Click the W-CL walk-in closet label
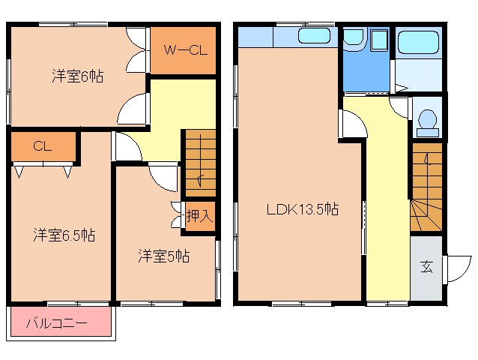[186, 50]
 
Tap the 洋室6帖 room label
[78, 76]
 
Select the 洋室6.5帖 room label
[64, 235]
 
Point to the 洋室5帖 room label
[164, 256]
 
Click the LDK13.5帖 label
[303, 209]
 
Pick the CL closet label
[43, 146]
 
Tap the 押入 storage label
[199, 216]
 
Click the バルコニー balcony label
[57, 323]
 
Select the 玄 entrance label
[427, 267]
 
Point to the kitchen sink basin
[315, 36]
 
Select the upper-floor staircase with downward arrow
[201, 163]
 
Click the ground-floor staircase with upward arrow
[426, 187]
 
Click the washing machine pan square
[379, 40]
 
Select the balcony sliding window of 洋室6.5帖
[79, 304]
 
